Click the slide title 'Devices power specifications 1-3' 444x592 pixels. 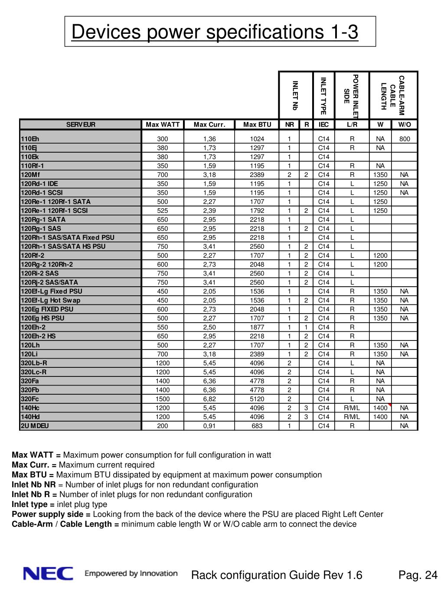tap(215, 32)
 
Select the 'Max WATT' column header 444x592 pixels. tap(163, 125)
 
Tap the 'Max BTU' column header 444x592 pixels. tap(257, 125)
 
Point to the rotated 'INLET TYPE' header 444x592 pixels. tap(323, 95)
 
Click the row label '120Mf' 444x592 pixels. tap(30, 175)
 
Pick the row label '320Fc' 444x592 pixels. tap(30, 399)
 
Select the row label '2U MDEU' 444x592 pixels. tap(35, 426)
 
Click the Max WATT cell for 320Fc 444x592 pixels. tap(163, 399)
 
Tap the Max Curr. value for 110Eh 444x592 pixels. tap(209, 139)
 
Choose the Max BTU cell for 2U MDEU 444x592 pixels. tap(257, 426)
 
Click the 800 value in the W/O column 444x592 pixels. tap(405, 139)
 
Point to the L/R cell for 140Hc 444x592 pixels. tap(352, 408)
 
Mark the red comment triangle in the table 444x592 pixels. tap(390, 405)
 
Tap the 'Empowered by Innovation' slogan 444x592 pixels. tap(131, 573)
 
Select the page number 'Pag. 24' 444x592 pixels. tap(418, 576)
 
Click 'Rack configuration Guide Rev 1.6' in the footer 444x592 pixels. tap(277, 576)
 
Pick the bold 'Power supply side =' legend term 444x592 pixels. tap(51, 514)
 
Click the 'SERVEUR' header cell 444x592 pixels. tap(81, 125)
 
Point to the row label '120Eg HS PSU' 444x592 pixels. tap(42, 318)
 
